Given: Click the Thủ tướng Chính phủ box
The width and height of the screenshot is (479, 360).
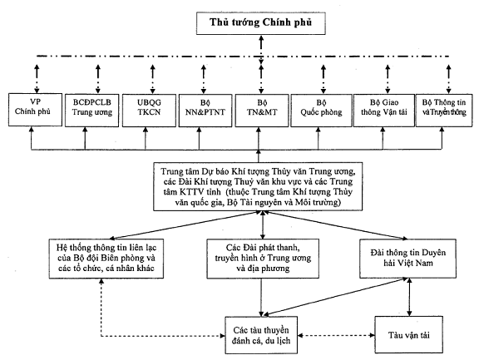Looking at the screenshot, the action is point(260,23).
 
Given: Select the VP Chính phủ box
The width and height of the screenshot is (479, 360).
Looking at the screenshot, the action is point(35,110).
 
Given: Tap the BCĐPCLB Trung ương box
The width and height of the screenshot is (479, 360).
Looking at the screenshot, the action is point(91,110).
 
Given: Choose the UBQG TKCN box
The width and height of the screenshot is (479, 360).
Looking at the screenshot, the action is point(149,111).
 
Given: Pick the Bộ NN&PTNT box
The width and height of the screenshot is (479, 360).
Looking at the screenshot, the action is point(205,111).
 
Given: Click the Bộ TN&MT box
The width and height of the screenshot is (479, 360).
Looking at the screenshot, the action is point(262,111).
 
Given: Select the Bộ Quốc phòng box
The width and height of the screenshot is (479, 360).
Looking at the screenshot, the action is point(321,111).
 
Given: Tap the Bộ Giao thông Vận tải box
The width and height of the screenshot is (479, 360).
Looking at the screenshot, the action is point(384,111).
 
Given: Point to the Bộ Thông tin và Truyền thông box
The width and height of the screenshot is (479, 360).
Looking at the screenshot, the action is point(444,111).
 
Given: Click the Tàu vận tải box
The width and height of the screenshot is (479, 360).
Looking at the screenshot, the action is point(409,335).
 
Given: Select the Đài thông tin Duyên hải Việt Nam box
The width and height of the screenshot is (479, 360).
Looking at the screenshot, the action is point(407,259).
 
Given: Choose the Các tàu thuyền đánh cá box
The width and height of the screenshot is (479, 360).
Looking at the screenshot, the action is point(261,335).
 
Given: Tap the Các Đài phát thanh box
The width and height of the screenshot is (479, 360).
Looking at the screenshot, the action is point(263,259).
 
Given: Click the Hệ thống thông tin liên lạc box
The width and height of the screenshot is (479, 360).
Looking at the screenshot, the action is point(106,259).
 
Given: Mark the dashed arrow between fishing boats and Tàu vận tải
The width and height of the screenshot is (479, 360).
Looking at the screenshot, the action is point(336,335).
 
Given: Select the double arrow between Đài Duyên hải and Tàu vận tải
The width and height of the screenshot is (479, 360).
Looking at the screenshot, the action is point(409,297).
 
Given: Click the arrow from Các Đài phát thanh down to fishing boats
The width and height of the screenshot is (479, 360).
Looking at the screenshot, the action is point(261,298).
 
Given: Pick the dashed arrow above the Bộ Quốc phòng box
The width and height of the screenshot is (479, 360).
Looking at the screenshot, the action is point(323,79).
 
